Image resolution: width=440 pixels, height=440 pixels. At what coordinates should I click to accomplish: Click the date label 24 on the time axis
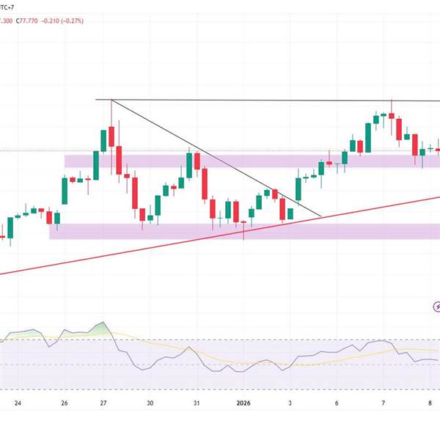tap(18, 403)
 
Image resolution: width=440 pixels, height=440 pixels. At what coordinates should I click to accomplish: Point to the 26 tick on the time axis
tap(65, 403)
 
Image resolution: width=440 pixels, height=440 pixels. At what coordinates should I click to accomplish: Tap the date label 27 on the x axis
tap(103, 403)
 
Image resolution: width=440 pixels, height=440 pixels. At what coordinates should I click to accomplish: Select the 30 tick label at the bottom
tap(150, 403)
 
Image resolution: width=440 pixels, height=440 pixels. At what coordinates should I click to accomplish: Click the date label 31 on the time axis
tap(197, 403)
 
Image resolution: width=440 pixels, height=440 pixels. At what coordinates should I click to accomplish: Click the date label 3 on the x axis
tap(290, 403)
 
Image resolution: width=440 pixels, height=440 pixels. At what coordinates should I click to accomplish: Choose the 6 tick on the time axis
tap(337, 403)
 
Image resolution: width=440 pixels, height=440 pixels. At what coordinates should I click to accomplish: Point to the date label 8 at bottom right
tap(430, 403)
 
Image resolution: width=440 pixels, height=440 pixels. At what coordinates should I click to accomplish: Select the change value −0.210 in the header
tap(54, 21)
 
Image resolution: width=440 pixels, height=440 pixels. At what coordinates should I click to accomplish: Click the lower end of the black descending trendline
tap(321, 217)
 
